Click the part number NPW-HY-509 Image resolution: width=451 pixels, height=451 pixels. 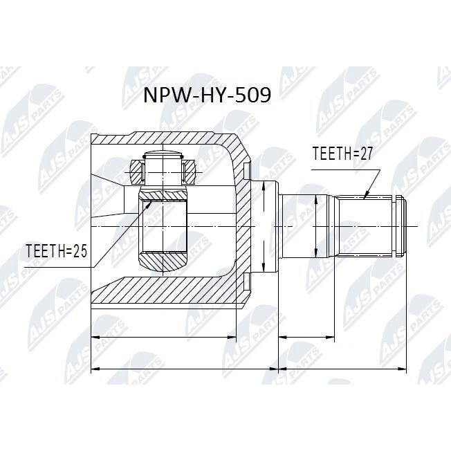(x=207, y=95)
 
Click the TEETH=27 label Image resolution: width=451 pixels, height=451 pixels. (x=342, y=153)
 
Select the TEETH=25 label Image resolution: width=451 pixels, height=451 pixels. (x=57, y=251)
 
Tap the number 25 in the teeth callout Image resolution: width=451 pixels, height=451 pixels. (x=80, y=251)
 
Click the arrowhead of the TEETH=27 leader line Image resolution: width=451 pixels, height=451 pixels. (x=365, y=195)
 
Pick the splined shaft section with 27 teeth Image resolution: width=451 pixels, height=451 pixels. (x=365, y=226)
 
